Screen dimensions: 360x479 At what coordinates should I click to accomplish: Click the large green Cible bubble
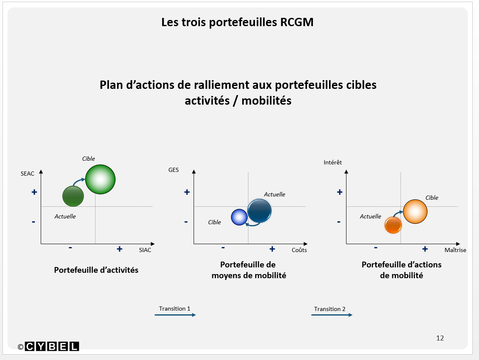click(x=100, y=179)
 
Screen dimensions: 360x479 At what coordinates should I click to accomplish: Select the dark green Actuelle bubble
click(x=73, y=196)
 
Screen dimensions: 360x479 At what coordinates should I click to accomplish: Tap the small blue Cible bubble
click(x=239, y=217)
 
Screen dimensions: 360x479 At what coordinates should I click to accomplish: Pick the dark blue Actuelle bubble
click(x=259, y=211)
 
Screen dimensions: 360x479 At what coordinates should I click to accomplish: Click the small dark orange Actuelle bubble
click(x=393, y=225)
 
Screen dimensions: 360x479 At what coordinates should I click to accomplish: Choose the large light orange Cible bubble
click(x=415, y=211)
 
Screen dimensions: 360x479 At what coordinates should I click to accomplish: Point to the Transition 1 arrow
click(x=175, y=315)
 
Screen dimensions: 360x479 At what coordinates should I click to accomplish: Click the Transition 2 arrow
click(x=332, y=315)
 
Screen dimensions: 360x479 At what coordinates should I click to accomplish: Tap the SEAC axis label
click(x=27, y=174)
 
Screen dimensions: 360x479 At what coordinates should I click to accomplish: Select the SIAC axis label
click(x=145, y=250)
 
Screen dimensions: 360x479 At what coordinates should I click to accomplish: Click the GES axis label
click(x=173, y=170)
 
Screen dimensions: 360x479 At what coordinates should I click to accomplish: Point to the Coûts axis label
click(x=299, y=250)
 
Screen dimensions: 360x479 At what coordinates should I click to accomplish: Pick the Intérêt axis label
click(x=332, y=162)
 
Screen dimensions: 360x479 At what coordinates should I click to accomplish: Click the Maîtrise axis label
click(x=455, y=250)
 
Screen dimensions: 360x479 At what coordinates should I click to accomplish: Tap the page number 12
click(x=440, y=338)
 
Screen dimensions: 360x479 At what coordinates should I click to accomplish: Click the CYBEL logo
click(x=52, y=346)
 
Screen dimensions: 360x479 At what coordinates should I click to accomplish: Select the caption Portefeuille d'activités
click(x=96, y=270)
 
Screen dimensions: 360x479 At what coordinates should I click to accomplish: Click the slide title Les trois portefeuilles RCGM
click(x=237, y=22)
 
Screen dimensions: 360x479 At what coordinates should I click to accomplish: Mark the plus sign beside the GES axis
click(x=187, y=192)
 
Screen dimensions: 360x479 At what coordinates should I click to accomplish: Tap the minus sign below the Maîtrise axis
click(x=376, y=247)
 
